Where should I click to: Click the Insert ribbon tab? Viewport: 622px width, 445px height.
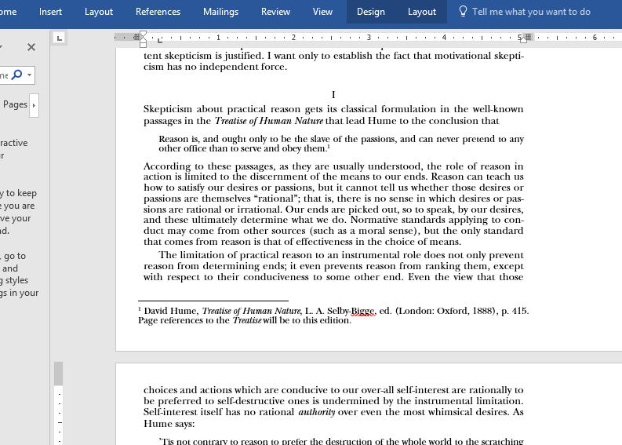pyautogui.click(x=50, y=12)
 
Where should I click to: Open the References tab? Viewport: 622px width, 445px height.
pyautogui.click(x=158, y=12)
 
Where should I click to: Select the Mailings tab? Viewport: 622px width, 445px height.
pyautogui.click(x=220, y=12)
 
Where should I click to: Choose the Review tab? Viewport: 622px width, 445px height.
pyautogui.click(x=275, y=12)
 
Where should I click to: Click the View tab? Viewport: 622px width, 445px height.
pyautogui.click(x=322, y=12)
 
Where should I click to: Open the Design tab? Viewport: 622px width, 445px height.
pyautogui.click(x=370, y=12)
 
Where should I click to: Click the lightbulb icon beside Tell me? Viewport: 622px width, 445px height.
pyautogui.click(x=463, y=12)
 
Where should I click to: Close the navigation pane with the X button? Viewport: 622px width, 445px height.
pyautogui.click(x=31, y=47)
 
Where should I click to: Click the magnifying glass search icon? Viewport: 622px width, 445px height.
pyautogui.click(x=16, y=75)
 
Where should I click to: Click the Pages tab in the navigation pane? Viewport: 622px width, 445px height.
pyautogui.click(x=15, y=104)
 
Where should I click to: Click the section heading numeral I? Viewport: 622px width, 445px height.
pyautogui.click(x=333, y=95)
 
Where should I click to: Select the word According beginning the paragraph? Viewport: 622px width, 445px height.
pyautogui.click(x=167, y=166)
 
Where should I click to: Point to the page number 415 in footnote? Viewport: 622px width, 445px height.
pyautogui.click(x=519, y=311)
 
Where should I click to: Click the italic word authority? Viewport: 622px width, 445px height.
pyautogui.click(x=316, y=412)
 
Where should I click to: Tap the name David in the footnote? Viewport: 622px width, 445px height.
pyautogui.click(x=158, y=311)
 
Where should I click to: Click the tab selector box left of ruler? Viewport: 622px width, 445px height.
pyautogui.click(x=60, y=38)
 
